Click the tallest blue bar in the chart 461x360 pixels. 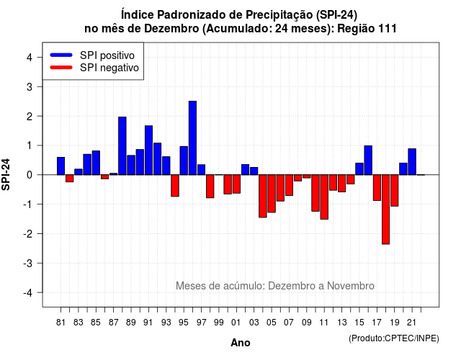pyautogui.click(x=192, y=138)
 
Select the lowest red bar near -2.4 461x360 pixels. pyautogui.click(x=386, y=210)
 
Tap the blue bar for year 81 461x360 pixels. pyautogui.click(x=61, y=166)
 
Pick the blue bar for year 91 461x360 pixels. pyautogui.click(x=149, y=150)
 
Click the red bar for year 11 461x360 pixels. pyautogui.click(x=324, y=197)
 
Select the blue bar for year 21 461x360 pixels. pyautogui.click(x=412, y=161)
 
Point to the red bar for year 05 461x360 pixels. pyautogui.click(x=272, y=194)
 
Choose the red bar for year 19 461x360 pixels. pyautogui.click(x=395, y=190)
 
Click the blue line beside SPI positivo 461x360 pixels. pyautogui.click(x=61, y=55)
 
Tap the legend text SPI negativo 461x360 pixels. pyautogui.click(x=109, y=68)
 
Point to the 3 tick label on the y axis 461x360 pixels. pyautogui.click(x=30, y=86)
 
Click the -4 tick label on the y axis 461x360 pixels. pyautogui.click(x=29, y=293)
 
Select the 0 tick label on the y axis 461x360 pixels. pyautogui.click(x=30, y=175)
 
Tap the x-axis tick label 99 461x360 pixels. pyautogui.click(x=219, y=323)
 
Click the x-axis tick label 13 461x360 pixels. pyautogui.click(x=341, y=323)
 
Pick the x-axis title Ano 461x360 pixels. pyautogui.click(x=241, y=343)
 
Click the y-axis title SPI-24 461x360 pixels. pyautogui.click(x=6, y=174)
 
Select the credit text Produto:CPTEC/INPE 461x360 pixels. pyautogui.click(x=394, y=338)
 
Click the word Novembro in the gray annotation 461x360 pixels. pyautogui.click(x=351, y=286)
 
